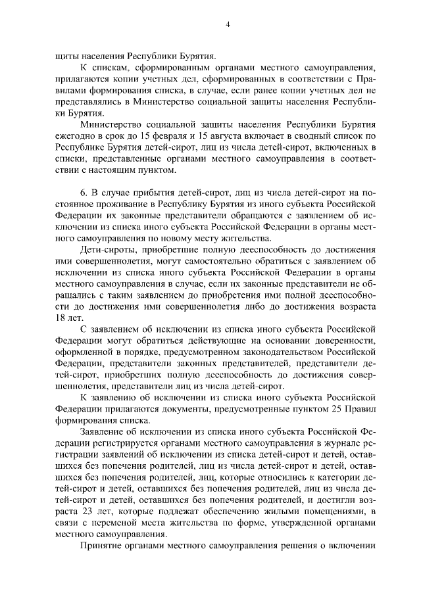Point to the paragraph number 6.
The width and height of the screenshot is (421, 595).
click(x=83, y=191)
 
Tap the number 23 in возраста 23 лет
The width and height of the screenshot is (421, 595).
click(x=89, y=512)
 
